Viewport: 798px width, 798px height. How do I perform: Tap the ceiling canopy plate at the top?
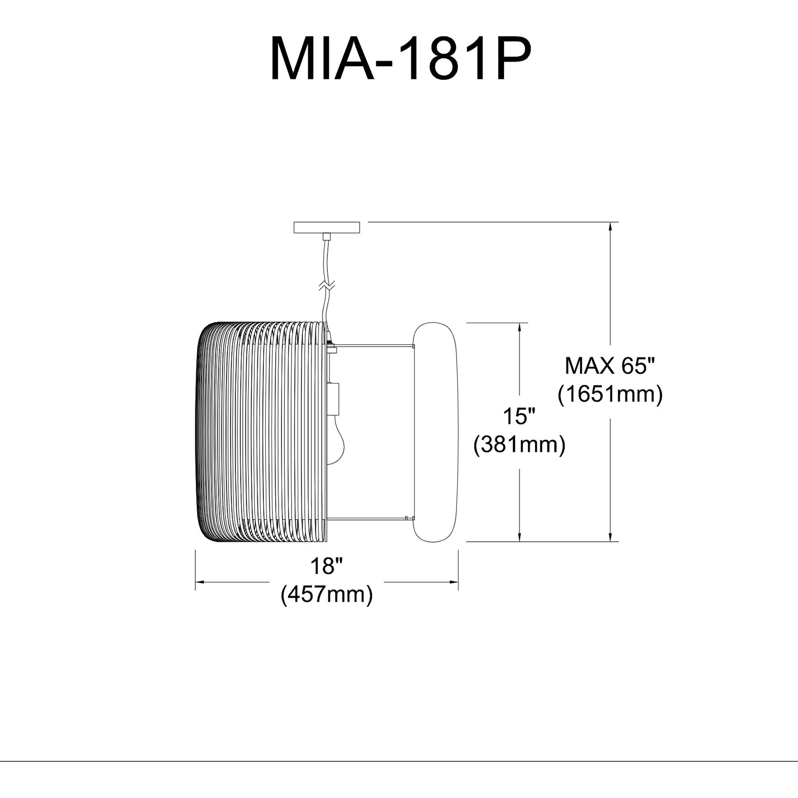[x=327, y=227]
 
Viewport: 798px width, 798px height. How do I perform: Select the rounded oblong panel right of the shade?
[x=435, y=431]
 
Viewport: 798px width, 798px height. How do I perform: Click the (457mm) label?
[x=327, y=594]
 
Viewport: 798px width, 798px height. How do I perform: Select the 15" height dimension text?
[x=519, y=416]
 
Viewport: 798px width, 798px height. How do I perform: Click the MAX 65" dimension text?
[x=612, y=366]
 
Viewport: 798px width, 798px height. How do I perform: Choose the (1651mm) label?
[x=610, y=395]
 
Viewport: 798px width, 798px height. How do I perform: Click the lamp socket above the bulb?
[x=333, y=399]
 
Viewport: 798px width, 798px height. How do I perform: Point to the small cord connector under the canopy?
[x=327, y=236]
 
